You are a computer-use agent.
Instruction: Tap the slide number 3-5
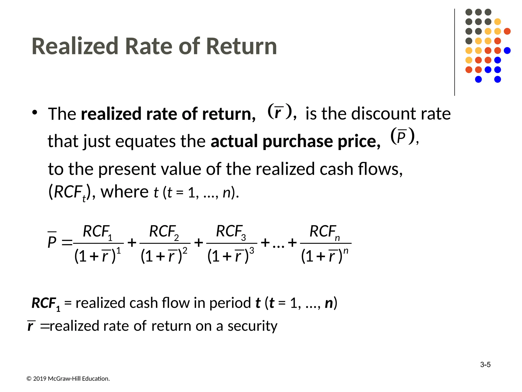485,365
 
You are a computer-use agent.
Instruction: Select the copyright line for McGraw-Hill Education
68,379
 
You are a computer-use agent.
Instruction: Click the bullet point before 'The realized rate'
35,112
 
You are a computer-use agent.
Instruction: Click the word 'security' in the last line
252,326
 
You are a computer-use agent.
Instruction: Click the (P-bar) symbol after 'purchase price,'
402,137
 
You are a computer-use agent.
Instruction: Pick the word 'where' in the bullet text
124,192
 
